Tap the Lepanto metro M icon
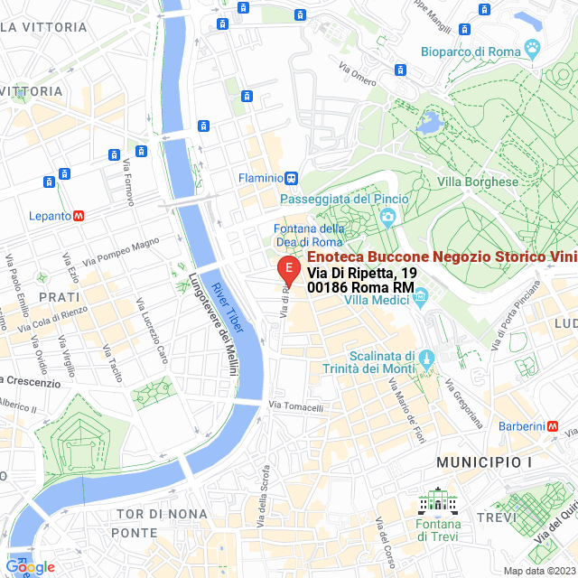(x=79, y=216)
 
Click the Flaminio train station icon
(x=291, y=178)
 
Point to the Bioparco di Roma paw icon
(x=534, y=51)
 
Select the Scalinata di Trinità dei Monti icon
(x=428, y=359)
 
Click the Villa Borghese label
(x=478, y=182)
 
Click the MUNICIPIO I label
(x=484, y=462)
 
